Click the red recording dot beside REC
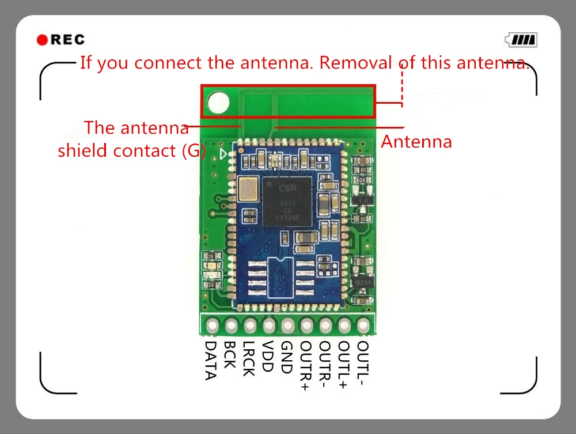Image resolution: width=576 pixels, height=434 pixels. pos(42,40)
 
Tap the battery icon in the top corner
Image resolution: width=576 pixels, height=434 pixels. pos(521,40)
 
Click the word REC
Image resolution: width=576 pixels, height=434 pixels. pos(68,40)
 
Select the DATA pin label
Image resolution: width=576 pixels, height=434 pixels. pos(211,360)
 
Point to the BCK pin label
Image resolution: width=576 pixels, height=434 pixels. pos(229,354)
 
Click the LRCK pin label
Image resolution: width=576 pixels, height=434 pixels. pos(248,358)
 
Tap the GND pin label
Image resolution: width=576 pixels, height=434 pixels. pos(286,355)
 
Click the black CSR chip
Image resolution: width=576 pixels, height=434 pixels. pos(286,200)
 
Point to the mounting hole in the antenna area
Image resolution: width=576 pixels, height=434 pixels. pos(218,103)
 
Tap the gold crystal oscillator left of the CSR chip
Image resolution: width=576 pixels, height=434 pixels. pos(250,189)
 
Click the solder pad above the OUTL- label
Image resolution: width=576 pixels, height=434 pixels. pos(363,326)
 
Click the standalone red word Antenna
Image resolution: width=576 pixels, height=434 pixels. pos(416,141)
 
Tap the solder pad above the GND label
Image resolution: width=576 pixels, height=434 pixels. pos(287,326)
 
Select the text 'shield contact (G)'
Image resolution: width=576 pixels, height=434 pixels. pos(131,150)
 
